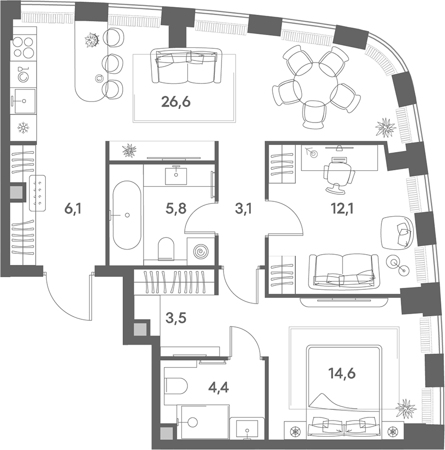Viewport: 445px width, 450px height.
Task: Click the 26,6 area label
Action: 176,102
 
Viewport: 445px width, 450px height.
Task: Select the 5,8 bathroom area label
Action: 176,209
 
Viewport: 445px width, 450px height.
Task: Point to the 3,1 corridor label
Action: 243,209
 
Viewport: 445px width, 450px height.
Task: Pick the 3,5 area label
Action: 176,318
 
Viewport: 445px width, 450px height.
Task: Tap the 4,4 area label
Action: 218,389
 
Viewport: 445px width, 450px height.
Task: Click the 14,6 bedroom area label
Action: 342,373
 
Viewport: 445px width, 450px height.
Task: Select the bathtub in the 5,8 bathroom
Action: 127,215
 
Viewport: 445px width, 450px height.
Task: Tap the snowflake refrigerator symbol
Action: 23,128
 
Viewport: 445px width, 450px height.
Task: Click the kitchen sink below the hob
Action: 23,101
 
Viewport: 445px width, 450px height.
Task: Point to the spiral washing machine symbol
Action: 201,251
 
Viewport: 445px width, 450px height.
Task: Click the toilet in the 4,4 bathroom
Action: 176,386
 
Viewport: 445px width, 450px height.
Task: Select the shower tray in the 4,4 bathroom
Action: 203,422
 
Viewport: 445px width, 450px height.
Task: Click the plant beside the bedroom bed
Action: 406,409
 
